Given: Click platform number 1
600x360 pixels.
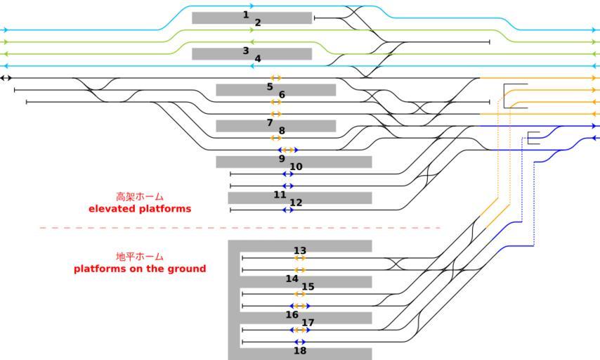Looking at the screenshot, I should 246,15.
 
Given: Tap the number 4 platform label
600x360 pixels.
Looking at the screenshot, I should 258,59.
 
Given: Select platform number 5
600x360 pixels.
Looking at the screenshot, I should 270,87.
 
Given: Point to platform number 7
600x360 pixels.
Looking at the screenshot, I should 270,123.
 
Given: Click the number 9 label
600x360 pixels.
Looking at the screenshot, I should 282,159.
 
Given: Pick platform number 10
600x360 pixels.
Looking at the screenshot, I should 296,167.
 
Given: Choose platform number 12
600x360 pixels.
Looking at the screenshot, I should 296,203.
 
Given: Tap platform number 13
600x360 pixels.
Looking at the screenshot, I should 300,251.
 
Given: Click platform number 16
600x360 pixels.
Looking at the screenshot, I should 292,315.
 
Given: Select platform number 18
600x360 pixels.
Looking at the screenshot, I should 300,351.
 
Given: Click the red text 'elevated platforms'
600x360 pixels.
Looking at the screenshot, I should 140,210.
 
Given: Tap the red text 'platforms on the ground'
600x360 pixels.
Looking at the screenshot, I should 140,269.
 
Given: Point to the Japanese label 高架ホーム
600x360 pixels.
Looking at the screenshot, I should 140,198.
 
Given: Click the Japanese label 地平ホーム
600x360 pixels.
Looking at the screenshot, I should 140,257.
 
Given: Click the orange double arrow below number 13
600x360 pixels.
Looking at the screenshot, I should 300,258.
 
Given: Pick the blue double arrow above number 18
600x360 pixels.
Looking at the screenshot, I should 300,342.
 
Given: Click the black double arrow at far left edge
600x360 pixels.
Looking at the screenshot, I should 6,77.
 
